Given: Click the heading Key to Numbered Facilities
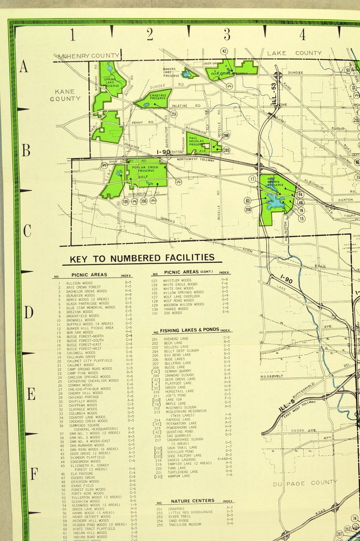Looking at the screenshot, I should (x=141, y=258).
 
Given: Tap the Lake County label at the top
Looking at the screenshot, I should (x=294, y=53).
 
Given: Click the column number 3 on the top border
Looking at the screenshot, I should (x=227, y=34).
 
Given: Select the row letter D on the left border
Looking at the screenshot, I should (x=28, y=312).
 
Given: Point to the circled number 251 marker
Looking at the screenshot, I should (x=174, y=115).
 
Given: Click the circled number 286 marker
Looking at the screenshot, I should (x=226, y=135).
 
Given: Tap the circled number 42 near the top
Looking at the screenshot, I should (x=224, y=51).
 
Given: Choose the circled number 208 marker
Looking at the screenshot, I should (x=248, y=209).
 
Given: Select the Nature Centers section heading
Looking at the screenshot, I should (x=193, y=501).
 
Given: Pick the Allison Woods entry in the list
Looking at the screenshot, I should (x=79, y=283).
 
